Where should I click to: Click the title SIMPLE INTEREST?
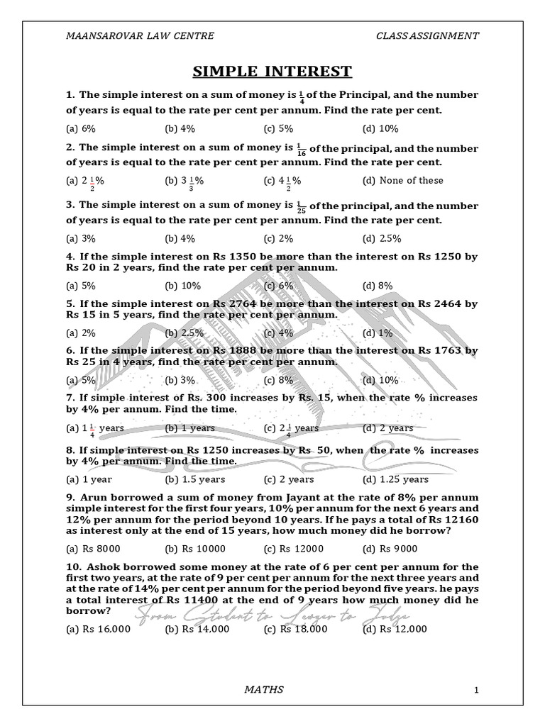pos(272,71)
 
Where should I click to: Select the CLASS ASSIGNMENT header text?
pos(427,35)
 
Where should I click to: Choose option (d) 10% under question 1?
pos(380,128)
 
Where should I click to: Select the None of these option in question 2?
pos(403,180)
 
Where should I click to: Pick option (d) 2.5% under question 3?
pos(382,238)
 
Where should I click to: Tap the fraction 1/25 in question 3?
pos(300,206)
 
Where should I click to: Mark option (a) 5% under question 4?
pos(81,286)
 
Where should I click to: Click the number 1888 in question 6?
pos(227,350)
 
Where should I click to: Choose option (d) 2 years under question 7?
pos(387,428)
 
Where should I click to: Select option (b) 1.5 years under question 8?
pos(185,479)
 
